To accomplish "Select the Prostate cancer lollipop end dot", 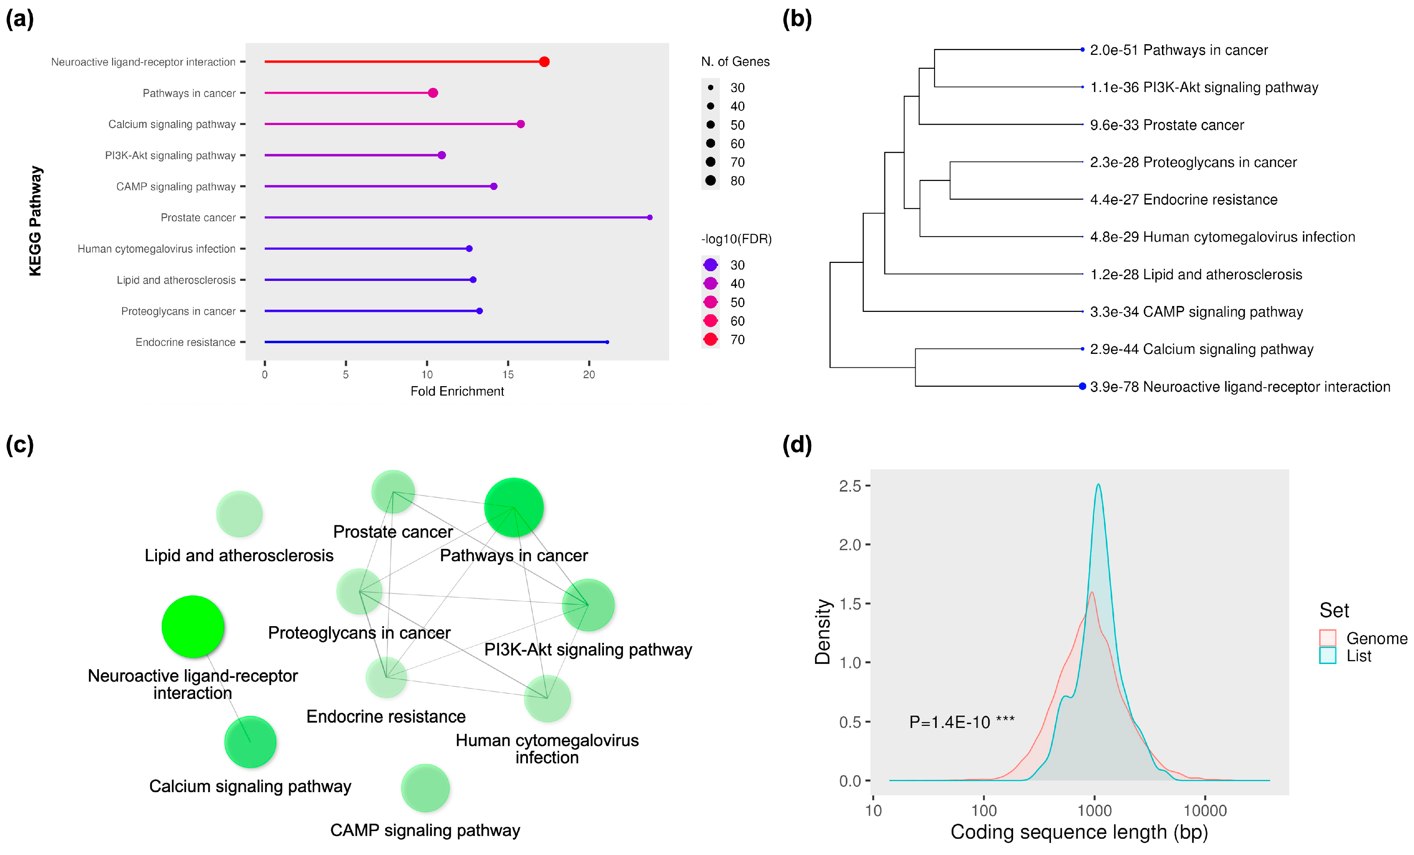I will click(650, 218).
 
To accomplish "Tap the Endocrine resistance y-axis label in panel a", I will click(185, 342).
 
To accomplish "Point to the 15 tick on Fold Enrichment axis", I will click(508, 374).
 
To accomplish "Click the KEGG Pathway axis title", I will click(36, 221).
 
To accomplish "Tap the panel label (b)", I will click(797, 19).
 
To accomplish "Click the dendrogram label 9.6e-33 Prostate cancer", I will click(1167, 125).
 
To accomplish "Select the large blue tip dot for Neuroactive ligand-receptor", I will click(1082, 387).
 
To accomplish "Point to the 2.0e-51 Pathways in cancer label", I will click(1179, 50).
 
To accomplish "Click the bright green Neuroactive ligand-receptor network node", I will click(193, 626).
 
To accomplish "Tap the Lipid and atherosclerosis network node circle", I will click(239, 514).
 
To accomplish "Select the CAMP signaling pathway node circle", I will click(425, 788).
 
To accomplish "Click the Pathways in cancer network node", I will click(514, 507).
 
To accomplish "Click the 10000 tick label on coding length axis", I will click(1205, 811).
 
